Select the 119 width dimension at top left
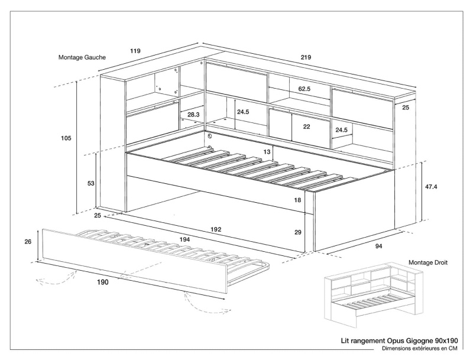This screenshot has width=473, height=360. (135, 51)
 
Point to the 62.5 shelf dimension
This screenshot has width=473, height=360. (304, 89)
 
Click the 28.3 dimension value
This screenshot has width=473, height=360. (193, 115)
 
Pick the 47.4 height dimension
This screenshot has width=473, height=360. (431, 187)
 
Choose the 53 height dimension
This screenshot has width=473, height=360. (90, 183)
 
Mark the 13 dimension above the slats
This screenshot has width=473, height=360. (267, 152)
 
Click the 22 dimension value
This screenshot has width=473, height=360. (306, 127)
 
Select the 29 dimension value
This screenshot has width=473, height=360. (297, 232)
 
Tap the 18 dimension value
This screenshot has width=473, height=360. (297, 200)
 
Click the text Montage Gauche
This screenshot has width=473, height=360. (82, 58)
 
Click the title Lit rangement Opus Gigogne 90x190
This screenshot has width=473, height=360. (400, 342)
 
